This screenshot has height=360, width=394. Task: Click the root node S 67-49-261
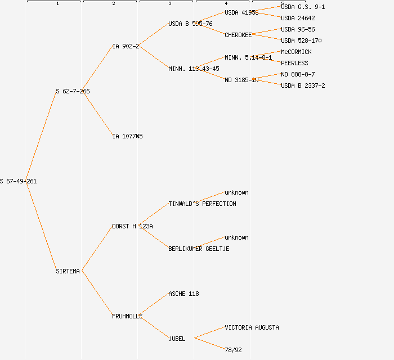[19, 181]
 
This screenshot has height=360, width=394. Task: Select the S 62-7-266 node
[73, 91]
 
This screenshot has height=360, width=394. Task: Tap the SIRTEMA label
[68, 271]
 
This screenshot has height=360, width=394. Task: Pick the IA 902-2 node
[126, 46]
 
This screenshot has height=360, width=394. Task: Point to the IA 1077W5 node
[127, 136]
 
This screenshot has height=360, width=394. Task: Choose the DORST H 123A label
[132, 226]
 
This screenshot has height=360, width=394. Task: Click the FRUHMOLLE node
[127, 316]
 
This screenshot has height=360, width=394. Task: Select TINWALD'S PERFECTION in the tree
[202, 204]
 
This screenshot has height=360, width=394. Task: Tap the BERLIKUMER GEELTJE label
[199, 249]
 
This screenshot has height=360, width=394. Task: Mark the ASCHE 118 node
[183, 294]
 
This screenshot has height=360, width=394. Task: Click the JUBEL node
[177, 339]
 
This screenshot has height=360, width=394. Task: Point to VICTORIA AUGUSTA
[252, 327]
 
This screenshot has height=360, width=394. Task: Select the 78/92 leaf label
[233, 350]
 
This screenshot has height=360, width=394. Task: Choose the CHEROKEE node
[238, 35]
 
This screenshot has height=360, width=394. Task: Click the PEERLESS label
[294, 63]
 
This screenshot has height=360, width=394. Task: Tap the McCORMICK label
[296, 52]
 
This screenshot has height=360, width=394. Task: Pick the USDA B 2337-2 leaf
[303, 85]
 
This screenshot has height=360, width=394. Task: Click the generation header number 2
[113, 4]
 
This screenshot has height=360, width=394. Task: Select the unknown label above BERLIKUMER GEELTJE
[236, 237]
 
